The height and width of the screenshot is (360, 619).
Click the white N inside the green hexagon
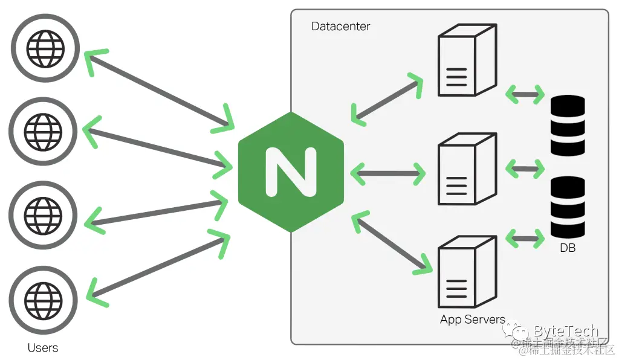(291, 172)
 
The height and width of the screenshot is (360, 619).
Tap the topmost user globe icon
(44, 48)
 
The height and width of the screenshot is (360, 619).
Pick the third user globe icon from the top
(44, 214)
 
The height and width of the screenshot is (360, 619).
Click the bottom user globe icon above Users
(44, 298)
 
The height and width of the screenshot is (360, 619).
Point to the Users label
(43, 348)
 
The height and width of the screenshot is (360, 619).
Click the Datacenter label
(340, 27)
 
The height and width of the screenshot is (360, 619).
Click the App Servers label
(472, 320)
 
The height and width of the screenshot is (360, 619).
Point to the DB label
(568, 248)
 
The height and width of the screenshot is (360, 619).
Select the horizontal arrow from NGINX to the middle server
(387, 174)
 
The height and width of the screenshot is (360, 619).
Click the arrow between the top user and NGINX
(158, 89)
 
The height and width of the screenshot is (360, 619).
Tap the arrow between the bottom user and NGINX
(158, 265)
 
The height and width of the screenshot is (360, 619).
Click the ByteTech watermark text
(566, 331)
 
